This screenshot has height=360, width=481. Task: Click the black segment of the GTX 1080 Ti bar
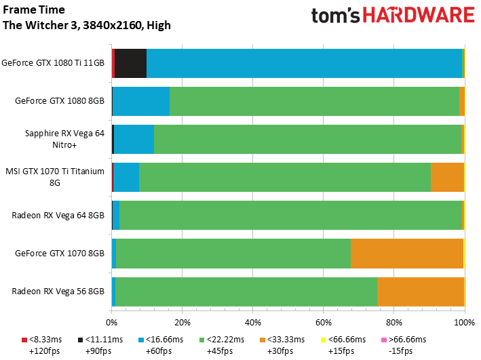point(130,63)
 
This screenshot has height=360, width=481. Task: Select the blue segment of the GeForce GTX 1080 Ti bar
point(305,63)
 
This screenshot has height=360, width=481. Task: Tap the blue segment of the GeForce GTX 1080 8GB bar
point(141,101)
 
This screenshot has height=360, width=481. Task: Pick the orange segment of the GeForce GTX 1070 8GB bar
point(407,254)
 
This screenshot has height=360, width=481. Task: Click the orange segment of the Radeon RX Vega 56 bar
point(421,292)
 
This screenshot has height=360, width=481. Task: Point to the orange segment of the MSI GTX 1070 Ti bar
point(447,177)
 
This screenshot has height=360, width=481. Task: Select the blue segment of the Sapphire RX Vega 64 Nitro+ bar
point(134,139)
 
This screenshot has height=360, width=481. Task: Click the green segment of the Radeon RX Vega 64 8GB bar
point(290,216)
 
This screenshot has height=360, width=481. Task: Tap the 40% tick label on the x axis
point(253,322)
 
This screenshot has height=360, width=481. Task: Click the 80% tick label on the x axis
point(394,322)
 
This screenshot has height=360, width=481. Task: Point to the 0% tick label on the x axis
point(112,322)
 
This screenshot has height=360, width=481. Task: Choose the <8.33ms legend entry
point(41,345)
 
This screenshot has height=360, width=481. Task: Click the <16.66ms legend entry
point(161,345)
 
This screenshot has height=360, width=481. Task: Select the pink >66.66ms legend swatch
point(383,340)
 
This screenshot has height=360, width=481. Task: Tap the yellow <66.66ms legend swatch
point(323,340)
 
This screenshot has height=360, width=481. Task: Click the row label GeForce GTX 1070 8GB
point(60,254)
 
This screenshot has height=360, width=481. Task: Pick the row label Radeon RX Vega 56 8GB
point(58,292)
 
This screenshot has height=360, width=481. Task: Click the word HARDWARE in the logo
point(419,16)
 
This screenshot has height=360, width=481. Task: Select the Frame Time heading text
point(34,9)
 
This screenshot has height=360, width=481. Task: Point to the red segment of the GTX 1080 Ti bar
point(113,63)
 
